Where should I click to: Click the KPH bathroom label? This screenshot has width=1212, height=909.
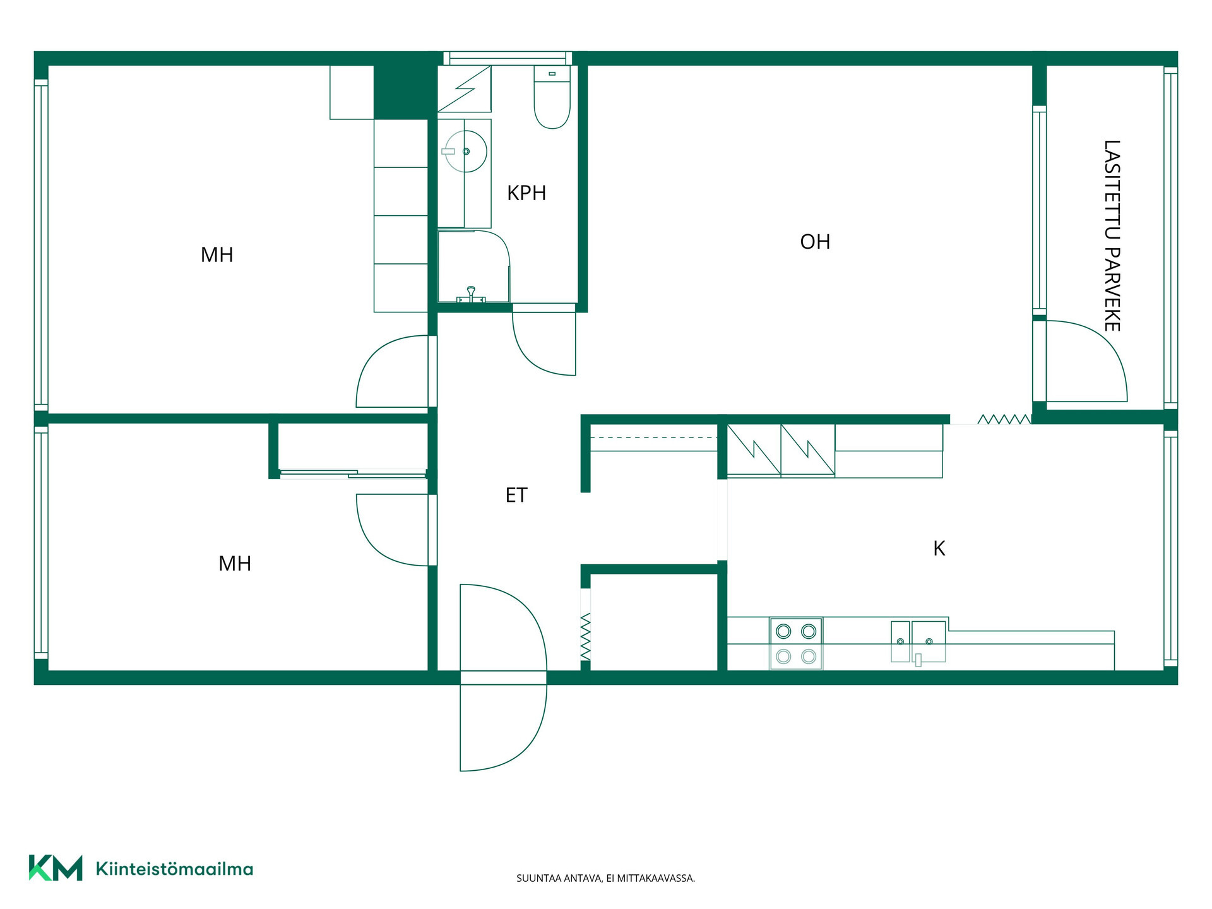(526, 193)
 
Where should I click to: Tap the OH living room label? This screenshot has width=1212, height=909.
(815, 242)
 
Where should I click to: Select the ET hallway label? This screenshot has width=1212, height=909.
(516, 496)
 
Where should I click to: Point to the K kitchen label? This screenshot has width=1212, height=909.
(939, 549)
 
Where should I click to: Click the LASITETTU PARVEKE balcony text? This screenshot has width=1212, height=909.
(1112, 235)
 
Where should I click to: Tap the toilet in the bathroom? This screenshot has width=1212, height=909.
(552, 97)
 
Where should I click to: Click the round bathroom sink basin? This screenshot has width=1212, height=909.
(466, 151)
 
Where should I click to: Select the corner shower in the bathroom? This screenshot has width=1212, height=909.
(474, 266)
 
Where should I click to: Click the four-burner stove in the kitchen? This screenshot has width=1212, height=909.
(796, 643)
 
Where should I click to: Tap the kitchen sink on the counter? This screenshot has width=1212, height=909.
(918, 642)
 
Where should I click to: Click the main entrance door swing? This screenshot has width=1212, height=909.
(503, 677)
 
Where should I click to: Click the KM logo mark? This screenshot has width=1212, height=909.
(56, 868)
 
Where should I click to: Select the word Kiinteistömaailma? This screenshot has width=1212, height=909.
(174, 869)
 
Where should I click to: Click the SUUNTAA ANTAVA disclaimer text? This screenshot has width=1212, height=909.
(605, 878)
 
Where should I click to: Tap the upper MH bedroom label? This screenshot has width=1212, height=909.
(217, 255)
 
